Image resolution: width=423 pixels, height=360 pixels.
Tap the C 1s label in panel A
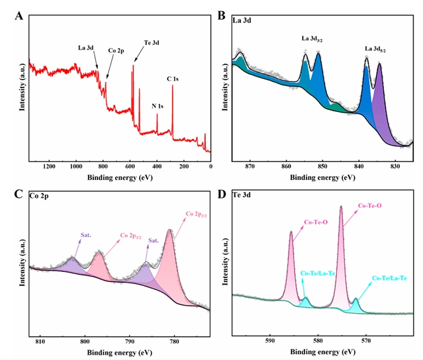[173, 79]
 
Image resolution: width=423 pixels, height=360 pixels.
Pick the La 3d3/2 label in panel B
[313, 40]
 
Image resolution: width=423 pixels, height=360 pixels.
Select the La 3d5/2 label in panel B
[378, 50]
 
